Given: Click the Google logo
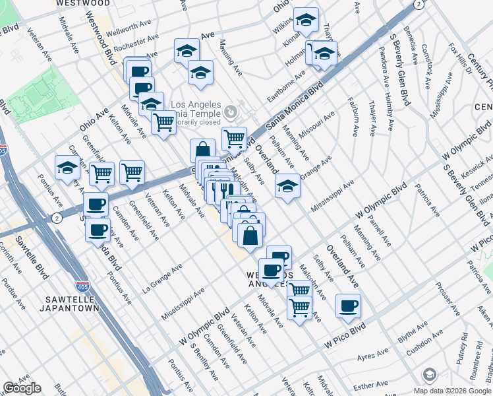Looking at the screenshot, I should [22, 388].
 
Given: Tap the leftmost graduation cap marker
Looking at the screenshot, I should [67, 168].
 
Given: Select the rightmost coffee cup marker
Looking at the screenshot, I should [348, 306].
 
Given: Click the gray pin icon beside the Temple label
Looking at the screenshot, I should [229, 111].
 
